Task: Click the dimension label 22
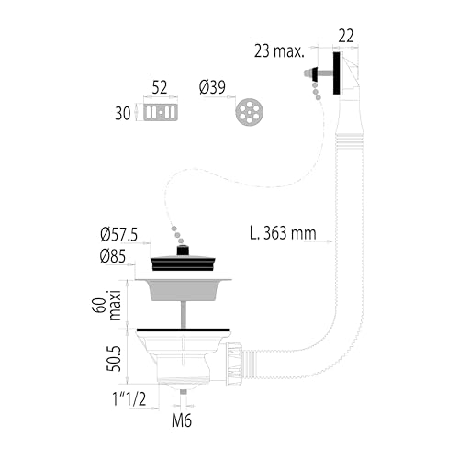(346, 36)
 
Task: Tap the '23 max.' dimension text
(279, 51)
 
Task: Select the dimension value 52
(160, 88)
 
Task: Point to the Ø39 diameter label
(212, 87)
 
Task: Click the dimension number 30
(123, 114)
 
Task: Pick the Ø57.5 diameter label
(119, 235)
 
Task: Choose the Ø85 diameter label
(113, 256)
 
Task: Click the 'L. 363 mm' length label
(283, 233)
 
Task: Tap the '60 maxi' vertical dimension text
(106, 306)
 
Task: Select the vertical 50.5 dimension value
(114, 359)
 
